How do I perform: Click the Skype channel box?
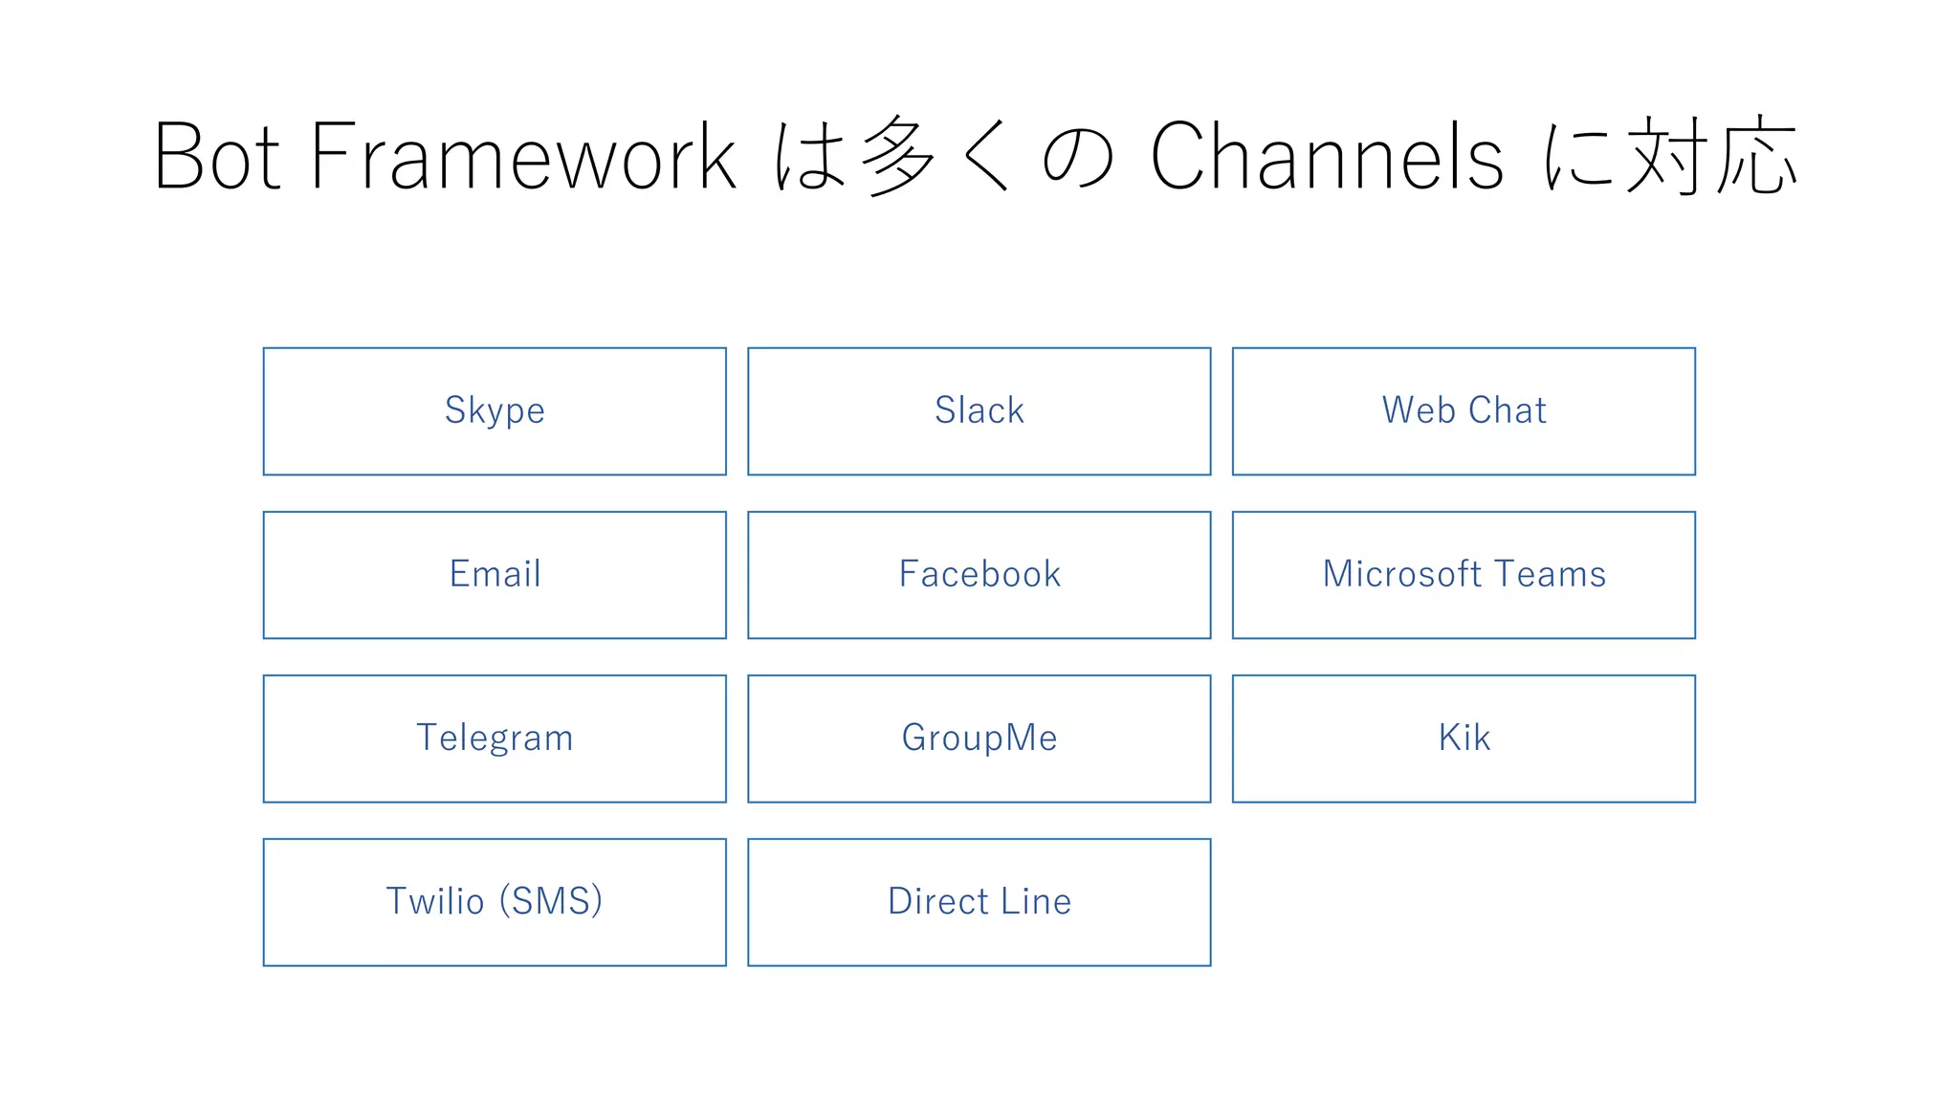click(x=495, y=411)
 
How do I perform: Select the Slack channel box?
click(x=979, y=411)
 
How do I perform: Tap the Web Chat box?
click(x=1464, y=411)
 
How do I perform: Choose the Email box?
click(x=495, y=575)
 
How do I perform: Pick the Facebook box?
click(x=979, y=575)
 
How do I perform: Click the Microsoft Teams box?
click(x=1464, y=575)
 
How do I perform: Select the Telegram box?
click(x=495, y=738)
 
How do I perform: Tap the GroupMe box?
click(x=979, y=738)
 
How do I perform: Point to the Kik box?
click(x=1464, y=738)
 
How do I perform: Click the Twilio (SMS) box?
click(x=495, y=902)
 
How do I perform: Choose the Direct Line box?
click(x=979, y=902)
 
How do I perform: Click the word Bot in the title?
click(x=216, y=158)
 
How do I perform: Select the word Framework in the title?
click(x=522, y=158)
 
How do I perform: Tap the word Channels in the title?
click(x=1326, y=158)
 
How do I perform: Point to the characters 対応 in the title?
click(x=1712, y=158)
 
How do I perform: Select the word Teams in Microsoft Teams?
click(x=1550, y=575)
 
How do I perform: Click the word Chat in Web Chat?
click(x=1508, y=411)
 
